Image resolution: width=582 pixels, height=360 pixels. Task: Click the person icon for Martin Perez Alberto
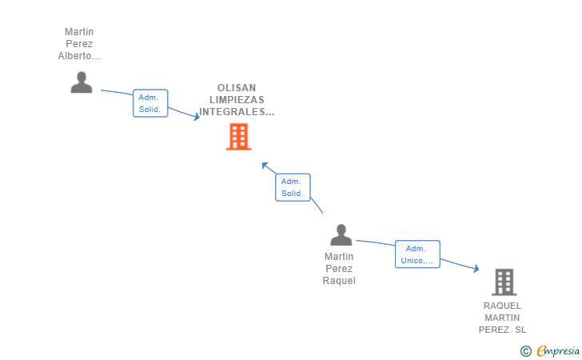pos(82,82)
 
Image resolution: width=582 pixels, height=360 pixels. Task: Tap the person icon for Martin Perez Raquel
pos(341,234)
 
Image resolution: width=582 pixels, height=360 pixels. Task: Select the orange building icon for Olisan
pos(239,137)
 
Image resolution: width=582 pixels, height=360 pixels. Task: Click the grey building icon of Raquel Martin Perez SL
pos(504,282)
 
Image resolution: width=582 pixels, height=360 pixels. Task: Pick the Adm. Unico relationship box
pos(417,254)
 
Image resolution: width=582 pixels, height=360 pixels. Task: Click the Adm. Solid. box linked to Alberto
pos(150,103)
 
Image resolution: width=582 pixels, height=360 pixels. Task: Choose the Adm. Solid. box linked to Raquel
pos(293,187)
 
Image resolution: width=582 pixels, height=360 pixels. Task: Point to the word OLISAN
pos(237,88)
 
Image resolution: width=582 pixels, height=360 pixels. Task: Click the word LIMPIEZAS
pos(237,99)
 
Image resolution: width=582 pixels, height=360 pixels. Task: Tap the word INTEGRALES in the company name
pos(233,111)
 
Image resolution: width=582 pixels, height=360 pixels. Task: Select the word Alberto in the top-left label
pos(74,56)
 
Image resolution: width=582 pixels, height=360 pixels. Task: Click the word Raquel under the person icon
pos(339,281)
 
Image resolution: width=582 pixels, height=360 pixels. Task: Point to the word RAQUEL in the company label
pos(502,306)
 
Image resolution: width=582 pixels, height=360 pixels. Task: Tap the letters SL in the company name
pos(520,330)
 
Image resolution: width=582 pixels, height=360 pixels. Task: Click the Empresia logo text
pos(558,350)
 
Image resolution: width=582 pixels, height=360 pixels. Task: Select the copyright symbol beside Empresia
pos(526,351)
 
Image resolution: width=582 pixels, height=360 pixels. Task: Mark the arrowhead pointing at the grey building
pos(476,268)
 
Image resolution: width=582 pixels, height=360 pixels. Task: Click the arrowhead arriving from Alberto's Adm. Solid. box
pos(197,117)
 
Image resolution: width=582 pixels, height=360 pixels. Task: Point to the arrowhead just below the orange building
pos(265,166)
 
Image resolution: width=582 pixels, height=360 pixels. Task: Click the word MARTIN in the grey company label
pos(502,318)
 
